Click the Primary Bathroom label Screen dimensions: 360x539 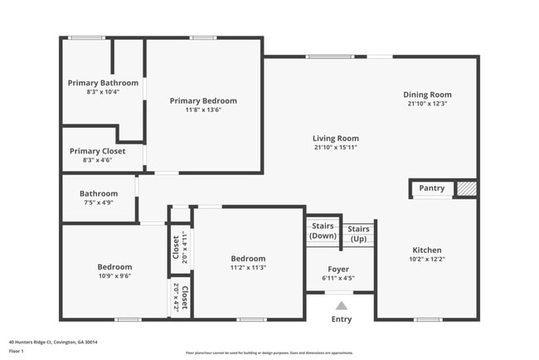(x=103, y=83)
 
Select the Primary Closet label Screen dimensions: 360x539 (x=97, y=151)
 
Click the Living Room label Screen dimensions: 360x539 (x=335, y=139)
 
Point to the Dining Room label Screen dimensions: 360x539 (x=427, y=95)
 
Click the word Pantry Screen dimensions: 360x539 (x=431, y=188)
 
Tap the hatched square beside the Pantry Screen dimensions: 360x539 (x=467, y=189)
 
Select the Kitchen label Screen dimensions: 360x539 (x=427, y=250)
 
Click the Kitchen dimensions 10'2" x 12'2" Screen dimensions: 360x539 (x=427, y=259)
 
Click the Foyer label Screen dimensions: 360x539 (x=338, y=270)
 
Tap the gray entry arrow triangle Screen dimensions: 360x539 (x=341, y=305)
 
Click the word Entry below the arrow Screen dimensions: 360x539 (x=341, y=319)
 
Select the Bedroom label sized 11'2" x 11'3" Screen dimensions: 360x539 (x=248, y=258)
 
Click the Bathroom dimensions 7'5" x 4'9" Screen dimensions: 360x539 (x=99, y=202)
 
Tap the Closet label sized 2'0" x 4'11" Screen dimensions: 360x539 (x=176, y=246)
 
